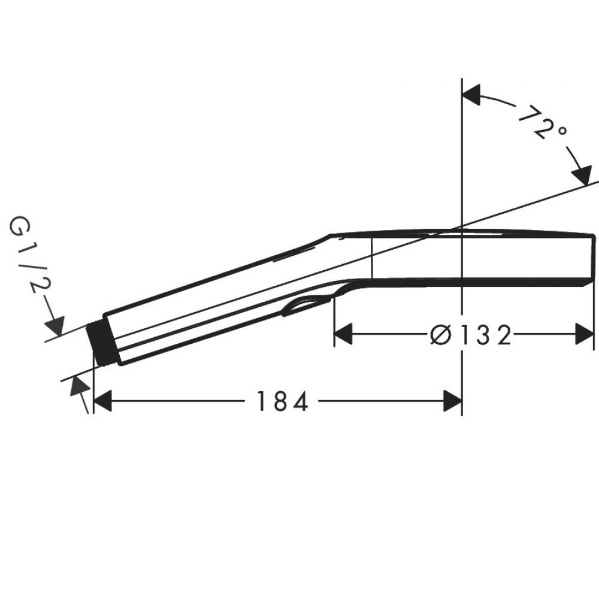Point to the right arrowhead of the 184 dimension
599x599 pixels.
coord(452,401)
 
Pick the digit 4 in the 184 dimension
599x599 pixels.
coord(301,401)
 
